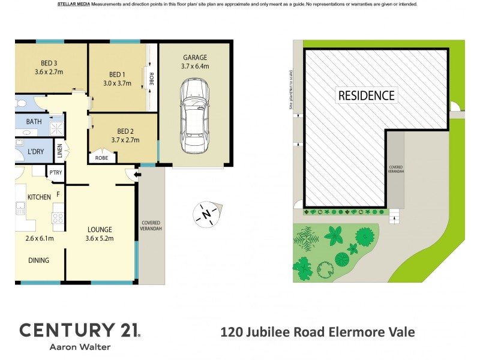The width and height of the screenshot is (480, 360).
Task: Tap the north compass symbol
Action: click(207, 214)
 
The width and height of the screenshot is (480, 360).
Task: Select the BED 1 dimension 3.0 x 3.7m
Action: click(116, 83)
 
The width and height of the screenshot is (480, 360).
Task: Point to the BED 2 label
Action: click(125, 131)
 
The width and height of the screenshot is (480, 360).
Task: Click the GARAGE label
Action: click(195, 58)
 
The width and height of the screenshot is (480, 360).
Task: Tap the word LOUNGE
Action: click(100, 229)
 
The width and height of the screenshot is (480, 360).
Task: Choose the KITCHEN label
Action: click(40, 197)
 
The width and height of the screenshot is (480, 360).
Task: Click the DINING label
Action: click(38, 260)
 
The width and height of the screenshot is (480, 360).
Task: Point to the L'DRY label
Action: click(36, 152)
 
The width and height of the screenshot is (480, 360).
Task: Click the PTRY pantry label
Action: click(56, 173)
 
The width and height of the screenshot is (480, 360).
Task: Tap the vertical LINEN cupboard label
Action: click(59, 151)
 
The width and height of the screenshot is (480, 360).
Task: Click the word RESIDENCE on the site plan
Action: click(366, 95)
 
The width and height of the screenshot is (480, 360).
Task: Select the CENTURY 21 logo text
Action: click(80, 329)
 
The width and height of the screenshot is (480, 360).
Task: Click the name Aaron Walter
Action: click(80, 347)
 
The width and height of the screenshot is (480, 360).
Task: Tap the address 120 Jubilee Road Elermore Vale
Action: click(318, 332)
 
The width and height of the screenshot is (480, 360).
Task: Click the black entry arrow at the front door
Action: click(137, 175)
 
